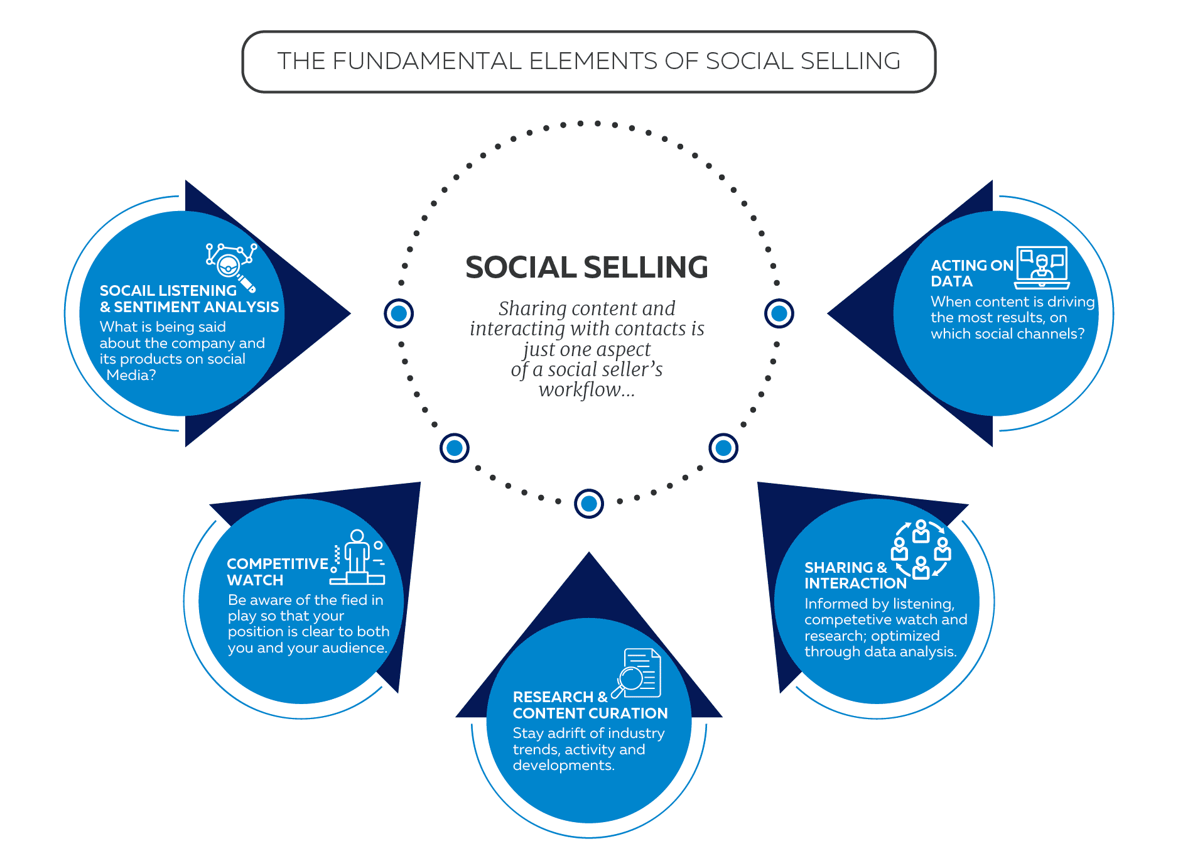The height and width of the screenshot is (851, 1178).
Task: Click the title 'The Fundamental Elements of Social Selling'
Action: (x=588, y=62)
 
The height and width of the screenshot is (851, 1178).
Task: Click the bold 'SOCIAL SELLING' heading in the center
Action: (x=586, y=268)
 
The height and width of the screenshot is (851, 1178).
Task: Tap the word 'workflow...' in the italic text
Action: (x=586, y=390)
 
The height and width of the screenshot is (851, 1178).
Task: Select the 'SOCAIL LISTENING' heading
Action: (x=168, y=291)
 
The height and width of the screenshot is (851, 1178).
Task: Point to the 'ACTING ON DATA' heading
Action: (x=971, y=273)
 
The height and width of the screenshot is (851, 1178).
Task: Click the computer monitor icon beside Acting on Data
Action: (x=1042, y=267)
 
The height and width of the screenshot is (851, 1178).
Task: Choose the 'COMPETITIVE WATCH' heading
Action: (x=277, y=572)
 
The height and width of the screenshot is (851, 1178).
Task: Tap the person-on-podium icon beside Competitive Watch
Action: (x=358, y=558)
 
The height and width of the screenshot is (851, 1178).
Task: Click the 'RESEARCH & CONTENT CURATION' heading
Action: (x=590, y=705)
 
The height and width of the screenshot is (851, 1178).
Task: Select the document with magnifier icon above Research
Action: (x=637, y=674)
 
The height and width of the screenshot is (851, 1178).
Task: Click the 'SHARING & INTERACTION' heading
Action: (x=855, y=575)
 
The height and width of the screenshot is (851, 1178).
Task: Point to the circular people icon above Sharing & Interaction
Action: (x=921, y=549)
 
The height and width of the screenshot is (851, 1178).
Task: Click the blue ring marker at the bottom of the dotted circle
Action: (x=588, y=504)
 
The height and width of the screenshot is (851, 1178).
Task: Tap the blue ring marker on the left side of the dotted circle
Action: (x=399, y=313)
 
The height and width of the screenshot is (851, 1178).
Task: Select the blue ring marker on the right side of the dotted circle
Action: (x=779, y=313)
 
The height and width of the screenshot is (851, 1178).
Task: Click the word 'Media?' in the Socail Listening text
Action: (x=131, y=375)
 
